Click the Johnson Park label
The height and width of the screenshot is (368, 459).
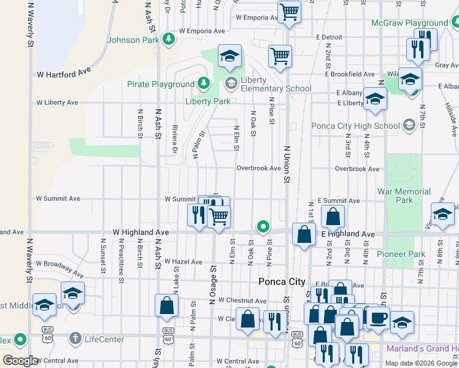133,40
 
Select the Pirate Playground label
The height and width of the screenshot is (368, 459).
161,84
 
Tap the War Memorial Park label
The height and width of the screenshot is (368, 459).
404,196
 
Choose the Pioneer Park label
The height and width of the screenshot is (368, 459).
401,254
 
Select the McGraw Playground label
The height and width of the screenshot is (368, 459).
410,23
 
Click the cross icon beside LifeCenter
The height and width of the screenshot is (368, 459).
75,338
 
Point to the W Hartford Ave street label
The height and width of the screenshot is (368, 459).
64,74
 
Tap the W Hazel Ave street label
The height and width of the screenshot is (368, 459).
183,262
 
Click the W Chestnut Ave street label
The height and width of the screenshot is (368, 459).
242,301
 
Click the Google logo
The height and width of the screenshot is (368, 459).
20,361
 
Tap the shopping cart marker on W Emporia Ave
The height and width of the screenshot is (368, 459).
288,12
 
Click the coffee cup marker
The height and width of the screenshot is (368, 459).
378,318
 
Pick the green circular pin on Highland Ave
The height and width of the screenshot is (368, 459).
263,227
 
